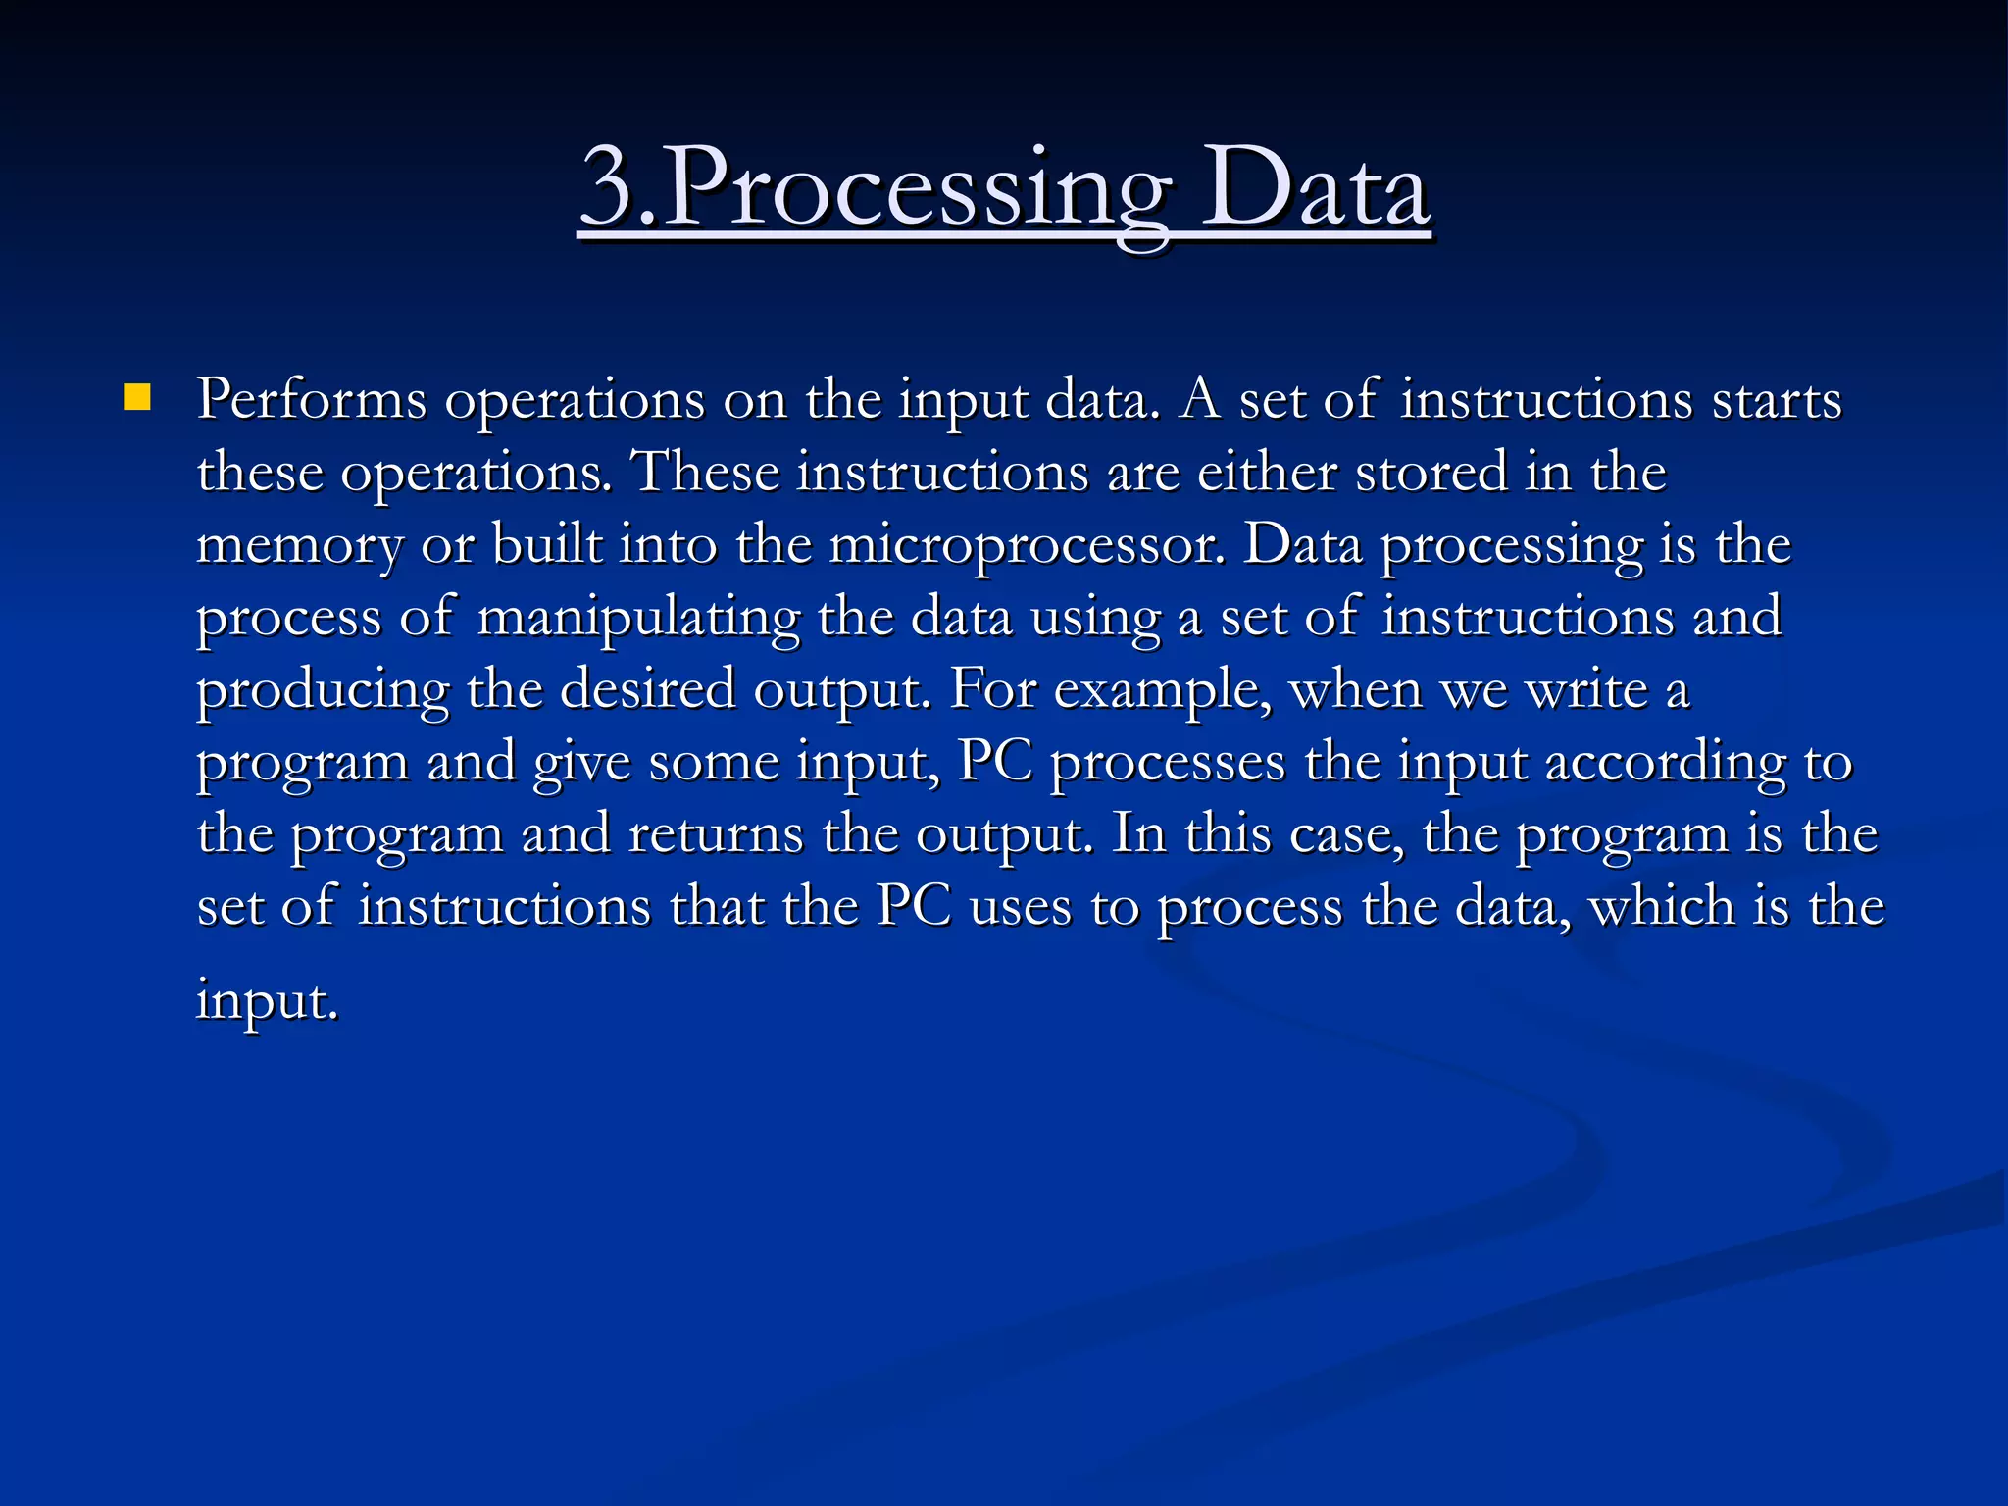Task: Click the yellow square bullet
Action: (x=137, y=398)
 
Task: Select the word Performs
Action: (x=312, y=400)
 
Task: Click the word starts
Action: (x=1777, y=400)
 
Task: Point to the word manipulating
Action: (x=638, y=619)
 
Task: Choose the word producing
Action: (x=323, y=690)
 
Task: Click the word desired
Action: (x=648, y=689)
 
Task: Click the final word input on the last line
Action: (x=267, y=1001)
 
